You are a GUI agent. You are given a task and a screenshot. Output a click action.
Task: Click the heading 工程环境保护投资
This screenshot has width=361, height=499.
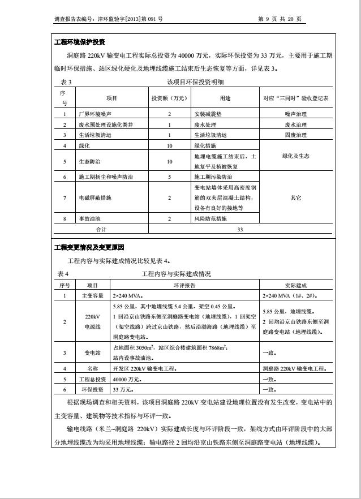(x=79, y=42)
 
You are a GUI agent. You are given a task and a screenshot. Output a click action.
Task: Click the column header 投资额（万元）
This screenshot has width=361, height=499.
(x=169, y=98)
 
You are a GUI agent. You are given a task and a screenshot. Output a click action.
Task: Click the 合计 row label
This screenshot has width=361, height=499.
(x=101, y=229)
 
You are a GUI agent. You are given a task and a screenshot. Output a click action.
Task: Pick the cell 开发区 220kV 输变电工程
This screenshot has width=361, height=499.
(x=144, y=368)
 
